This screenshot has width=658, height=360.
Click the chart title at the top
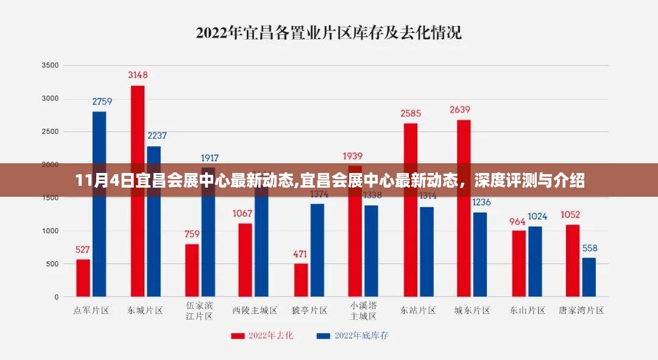(328, 32)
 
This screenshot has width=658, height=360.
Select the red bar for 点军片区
(83, 278)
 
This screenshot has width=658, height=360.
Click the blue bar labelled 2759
(99, 204)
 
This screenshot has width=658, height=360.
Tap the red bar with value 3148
(138, 191)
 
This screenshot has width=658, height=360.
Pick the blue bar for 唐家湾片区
(589, 277)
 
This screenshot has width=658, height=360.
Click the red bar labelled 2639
(464, 208)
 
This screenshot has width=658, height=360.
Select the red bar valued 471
(301, 280)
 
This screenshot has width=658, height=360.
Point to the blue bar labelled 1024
(535, 261)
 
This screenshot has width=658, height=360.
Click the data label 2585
(410, 114)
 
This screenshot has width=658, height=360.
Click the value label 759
(192, 234)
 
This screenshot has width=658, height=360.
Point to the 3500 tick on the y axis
(51, 65)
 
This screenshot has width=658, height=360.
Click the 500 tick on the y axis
(53, 264)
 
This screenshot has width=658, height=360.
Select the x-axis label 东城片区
(145, 310)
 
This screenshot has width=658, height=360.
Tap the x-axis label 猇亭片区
(309, 310)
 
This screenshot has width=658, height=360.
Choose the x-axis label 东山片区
(527, 310)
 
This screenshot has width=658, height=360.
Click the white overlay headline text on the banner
(329, 181)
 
